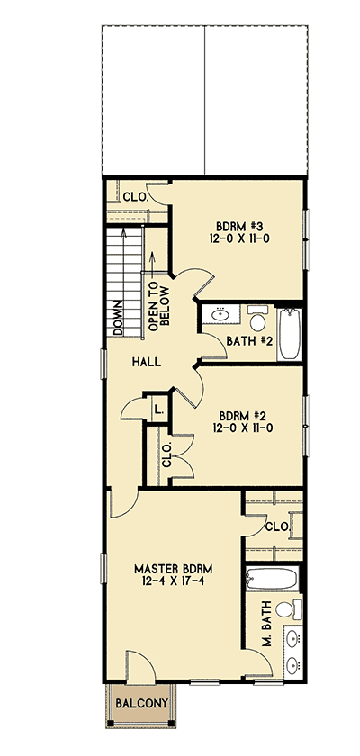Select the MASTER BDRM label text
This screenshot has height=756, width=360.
pos(173,569)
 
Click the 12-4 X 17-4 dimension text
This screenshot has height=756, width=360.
pos(173,583)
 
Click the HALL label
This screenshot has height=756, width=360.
pos(146,362)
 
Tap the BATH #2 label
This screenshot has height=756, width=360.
pos(249,340)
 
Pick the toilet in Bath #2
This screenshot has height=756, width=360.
pos(257,320)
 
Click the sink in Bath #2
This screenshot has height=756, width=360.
pos(221,315)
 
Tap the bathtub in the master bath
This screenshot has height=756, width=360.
pos(274,577)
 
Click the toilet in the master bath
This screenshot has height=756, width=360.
pos(285,608)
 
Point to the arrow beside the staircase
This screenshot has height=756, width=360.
pos(151,263)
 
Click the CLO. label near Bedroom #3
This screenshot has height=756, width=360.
pos(135,196)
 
